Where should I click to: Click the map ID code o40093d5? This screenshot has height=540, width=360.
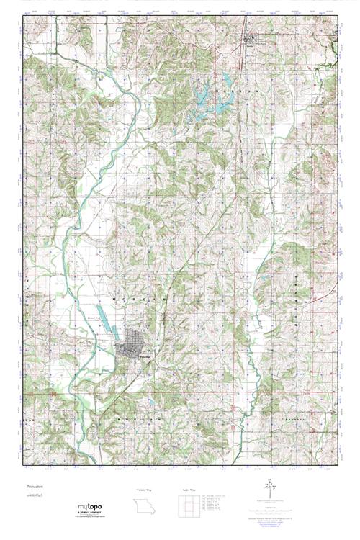pyautogui.click(x=33, y=494)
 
